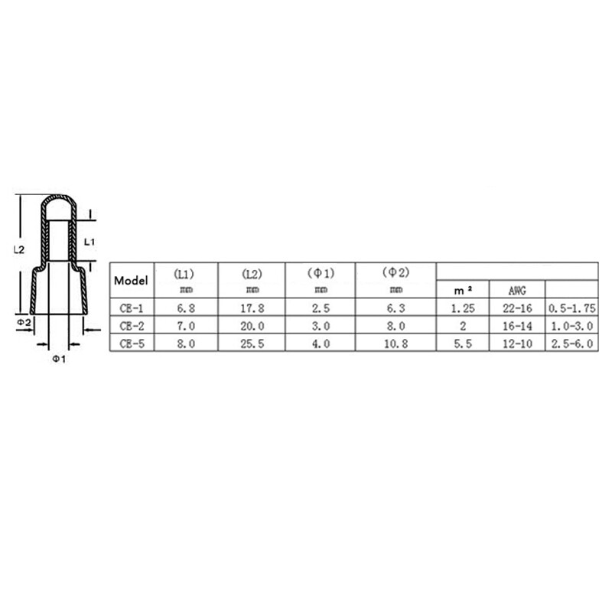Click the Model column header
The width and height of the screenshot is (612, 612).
click(132, 280)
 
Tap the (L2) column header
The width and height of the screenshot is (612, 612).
click(252, 273)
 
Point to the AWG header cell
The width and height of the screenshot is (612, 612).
click(516, 291)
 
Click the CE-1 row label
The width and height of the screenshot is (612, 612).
click(132, 308)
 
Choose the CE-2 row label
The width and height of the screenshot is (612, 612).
click(132, 326)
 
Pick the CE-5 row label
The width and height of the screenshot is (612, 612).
click(132, 343)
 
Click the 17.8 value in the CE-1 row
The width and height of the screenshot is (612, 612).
click(252, 308)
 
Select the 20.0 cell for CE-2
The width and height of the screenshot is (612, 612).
click(252, 326)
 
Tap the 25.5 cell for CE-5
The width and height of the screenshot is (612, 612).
click(252, 343)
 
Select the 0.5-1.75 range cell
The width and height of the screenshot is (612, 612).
click(571, 308)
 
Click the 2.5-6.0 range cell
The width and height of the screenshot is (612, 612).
click(571, 343)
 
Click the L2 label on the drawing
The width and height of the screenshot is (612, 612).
click(21, 249)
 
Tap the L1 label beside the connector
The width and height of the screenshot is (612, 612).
click(89, 241)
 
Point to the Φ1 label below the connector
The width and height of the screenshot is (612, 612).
click(59, 360)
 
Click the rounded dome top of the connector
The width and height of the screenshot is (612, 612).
click(59, 205)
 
